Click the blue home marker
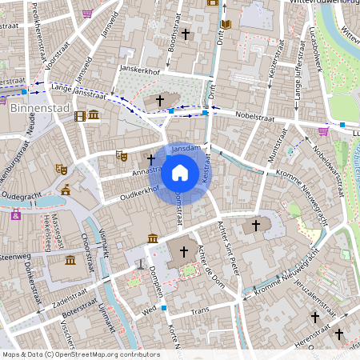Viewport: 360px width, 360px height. tap(180, 172)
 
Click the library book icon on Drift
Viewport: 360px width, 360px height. tap(226, 25)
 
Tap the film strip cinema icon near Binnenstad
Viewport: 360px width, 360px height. tap(79, 116)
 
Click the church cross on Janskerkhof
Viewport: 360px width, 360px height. tap(159, 101)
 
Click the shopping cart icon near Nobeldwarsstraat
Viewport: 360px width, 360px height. tap(323, 131)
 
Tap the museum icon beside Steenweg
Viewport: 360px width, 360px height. tap(70, 261)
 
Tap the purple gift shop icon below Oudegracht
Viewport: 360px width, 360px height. tap(15, 214)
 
